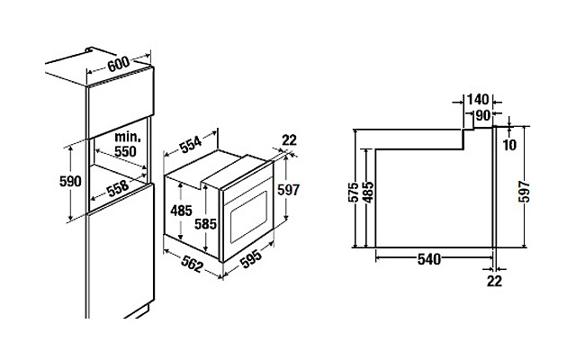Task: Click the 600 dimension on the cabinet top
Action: (x=118, y=64)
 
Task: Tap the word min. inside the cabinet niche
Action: (x=128, y=137)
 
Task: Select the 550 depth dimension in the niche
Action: (x=125, y=151)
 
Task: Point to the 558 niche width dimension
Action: (x=118, y=189)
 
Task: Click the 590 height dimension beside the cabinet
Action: (x=70, y=181)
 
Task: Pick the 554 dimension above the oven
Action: (x=191, y=145)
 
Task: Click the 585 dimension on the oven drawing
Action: (x=205, y=224)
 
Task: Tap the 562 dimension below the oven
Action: (x=193, y=265)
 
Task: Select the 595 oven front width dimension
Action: (x=250, y=258)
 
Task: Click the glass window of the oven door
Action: (x=248, y=217)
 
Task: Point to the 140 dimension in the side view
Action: (x=478, y=100)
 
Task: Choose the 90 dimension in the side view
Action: (x=483, y=115)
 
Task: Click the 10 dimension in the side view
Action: (x=509, y=145)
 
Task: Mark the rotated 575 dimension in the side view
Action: (x=354, y=192)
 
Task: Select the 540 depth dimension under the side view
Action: (x=429, y=259)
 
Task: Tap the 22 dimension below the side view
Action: (x=494, y=282)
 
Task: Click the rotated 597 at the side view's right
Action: (x=524, y=192)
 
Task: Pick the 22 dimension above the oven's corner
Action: (x=289, y=140)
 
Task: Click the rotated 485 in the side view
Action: (x=368, y=192)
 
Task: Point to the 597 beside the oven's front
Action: (x=288, y=190)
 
